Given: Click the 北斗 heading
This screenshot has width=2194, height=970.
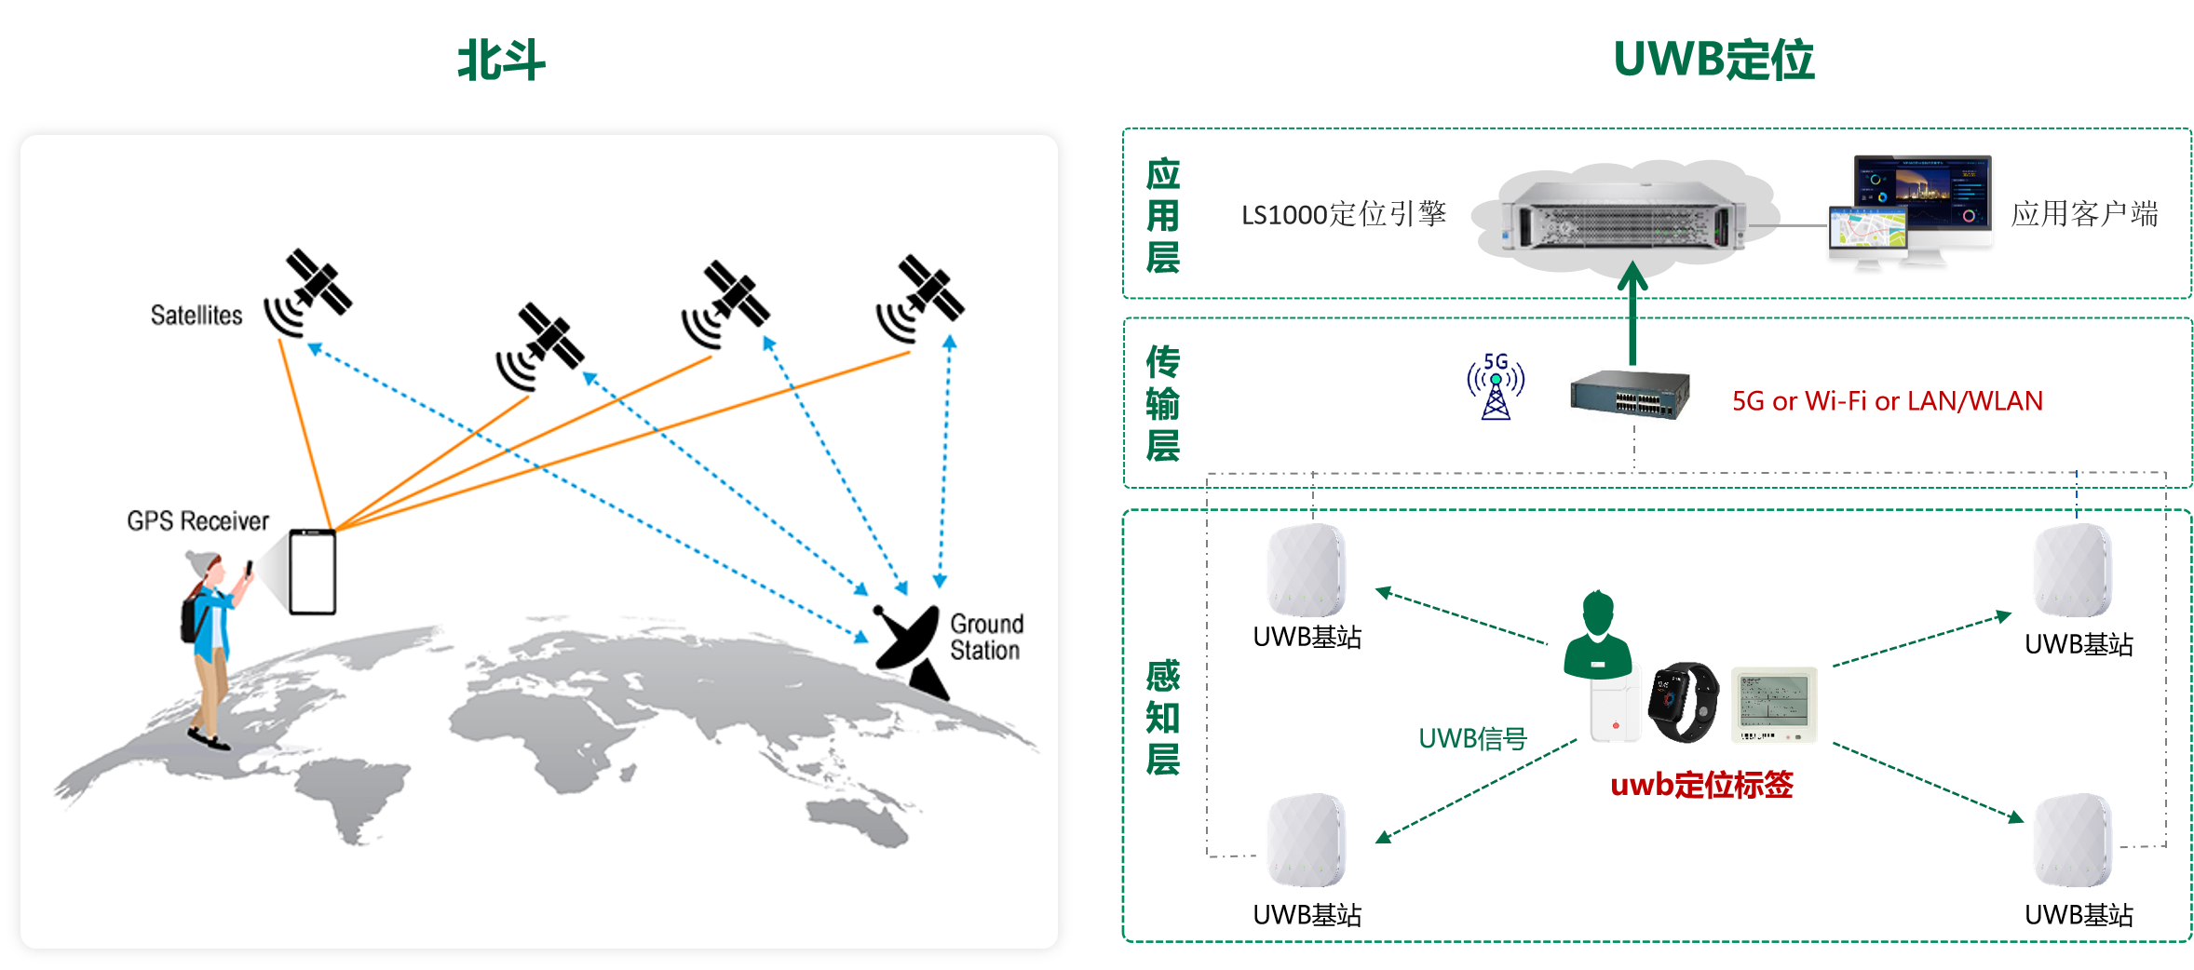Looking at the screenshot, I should pos(501,61).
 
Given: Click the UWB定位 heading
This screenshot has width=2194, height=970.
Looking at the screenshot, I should pos(1713,61).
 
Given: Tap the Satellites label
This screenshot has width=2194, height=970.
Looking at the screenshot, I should pos(196,316).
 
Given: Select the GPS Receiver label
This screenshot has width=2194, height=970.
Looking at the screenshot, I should pos(197,520).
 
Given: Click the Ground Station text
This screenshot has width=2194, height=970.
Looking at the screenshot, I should pos(985,637).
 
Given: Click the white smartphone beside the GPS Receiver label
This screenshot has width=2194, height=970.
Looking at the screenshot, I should pos(312,572).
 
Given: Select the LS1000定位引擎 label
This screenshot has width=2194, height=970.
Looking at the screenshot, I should pos(1343,215).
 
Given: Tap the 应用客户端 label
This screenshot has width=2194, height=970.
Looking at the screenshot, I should pos(2084,215).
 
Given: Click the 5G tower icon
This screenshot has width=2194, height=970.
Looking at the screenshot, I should pos(1496,387).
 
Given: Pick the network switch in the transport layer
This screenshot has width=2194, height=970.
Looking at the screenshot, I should pos(1629,395).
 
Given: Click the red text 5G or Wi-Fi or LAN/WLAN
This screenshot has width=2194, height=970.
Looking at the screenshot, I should pos(1887,401).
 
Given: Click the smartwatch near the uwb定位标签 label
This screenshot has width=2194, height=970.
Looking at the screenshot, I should pos(1684,701).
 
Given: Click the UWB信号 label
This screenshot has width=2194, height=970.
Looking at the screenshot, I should pos(1472,739).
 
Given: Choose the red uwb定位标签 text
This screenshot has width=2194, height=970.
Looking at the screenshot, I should pos(1701,786).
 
